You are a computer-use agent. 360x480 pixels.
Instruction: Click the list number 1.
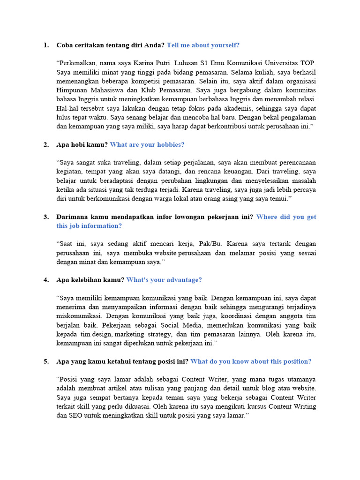pos(45,45)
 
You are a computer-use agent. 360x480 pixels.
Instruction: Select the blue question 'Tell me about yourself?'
pos(203,45)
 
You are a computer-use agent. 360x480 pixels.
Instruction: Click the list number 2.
pos(45,145)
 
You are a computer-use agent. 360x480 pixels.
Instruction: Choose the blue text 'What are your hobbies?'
pos(147,145)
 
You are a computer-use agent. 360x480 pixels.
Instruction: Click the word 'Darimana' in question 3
pos(72,217)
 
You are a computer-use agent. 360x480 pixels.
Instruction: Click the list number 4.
pos(45,280)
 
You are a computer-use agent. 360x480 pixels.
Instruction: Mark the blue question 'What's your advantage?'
pos(164,280)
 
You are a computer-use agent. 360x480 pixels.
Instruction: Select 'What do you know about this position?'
pos(251,361)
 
